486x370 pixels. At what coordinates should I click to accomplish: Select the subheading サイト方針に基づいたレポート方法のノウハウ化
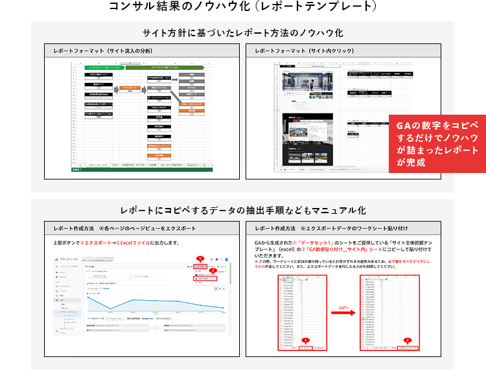click(x=243, y=32)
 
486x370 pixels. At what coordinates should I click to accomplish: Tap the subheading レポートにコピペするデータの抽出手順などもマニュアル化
click(x=243, y=211)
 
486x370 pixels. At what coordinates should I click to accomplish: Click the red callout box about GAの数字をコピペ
click(x=437, y=143)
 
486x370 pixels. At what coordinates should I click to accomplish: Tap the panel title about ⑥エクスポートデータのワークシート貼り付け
click(x=331, y=228)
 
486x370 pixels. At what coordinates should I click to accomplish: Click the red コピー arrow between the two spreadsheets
click(x=344, y=312)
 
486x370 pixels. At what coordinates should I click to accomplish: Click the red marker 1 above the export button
click(x=200, y=259)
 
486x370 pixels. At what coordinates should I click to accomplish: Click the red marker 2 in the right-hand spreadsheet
click(x=407, y=340)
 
